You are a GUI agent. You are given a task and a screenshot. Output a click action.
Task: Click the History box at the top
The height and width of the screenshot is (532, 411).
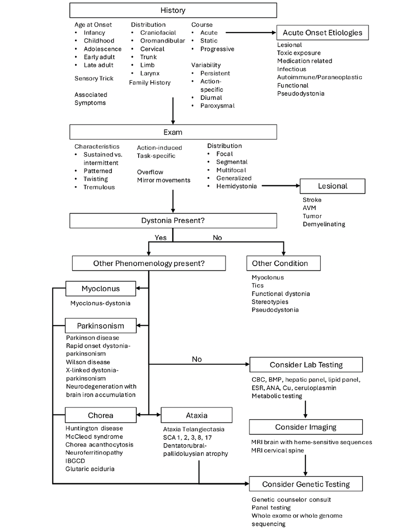click(173, 10)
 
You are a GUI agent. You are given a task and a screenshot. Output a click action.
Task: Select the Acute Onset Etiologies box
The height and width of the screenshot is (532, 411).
click(322, 32)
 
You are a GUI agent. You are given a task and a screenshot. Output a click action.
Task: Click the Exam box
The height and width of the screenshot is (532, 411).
click(173, 131)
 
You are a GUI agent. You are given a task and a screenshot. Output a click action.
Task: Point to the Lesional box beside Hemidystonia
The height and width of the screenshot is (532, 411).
click(332, 186)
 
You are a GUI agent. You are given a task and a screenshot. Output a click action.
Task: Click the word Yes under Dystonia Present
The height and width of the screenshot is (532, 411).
click(160, 237)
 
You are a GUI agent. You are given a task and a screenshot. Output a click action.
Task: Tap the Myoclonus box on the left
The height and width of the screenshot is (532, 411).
click(100, 288)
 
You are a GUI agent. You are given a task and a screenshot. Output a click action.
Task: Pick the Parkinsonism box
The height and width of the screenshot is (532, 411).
click(100, 326)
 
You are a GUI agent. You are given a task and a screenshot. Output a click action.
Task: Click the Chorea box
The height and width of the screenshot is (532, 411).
click(100, 415)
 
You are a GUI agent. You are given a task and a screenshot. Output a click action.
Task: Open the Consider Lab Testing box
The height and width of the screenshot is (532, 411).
click(306, 365)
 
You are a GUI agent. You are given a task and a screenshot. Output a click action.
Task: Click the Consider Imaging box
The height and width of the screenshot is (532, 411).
click(306, 427)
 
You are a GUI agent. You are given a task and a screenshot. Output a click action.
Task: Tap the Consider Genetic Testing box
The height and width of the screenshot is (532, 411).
click(306, 484)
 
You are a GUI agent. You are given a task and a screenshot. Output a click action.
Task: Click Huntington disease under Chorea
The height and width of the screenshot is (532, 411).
click(94, 428)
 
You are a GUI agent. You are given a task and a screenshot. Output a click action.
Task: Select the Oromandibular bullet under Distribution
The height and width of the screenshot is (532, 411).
click(162, 41)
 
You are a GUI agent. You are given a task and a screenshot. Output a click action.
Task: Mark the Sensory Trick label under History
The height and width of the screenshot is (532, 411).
click(94, 78)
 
